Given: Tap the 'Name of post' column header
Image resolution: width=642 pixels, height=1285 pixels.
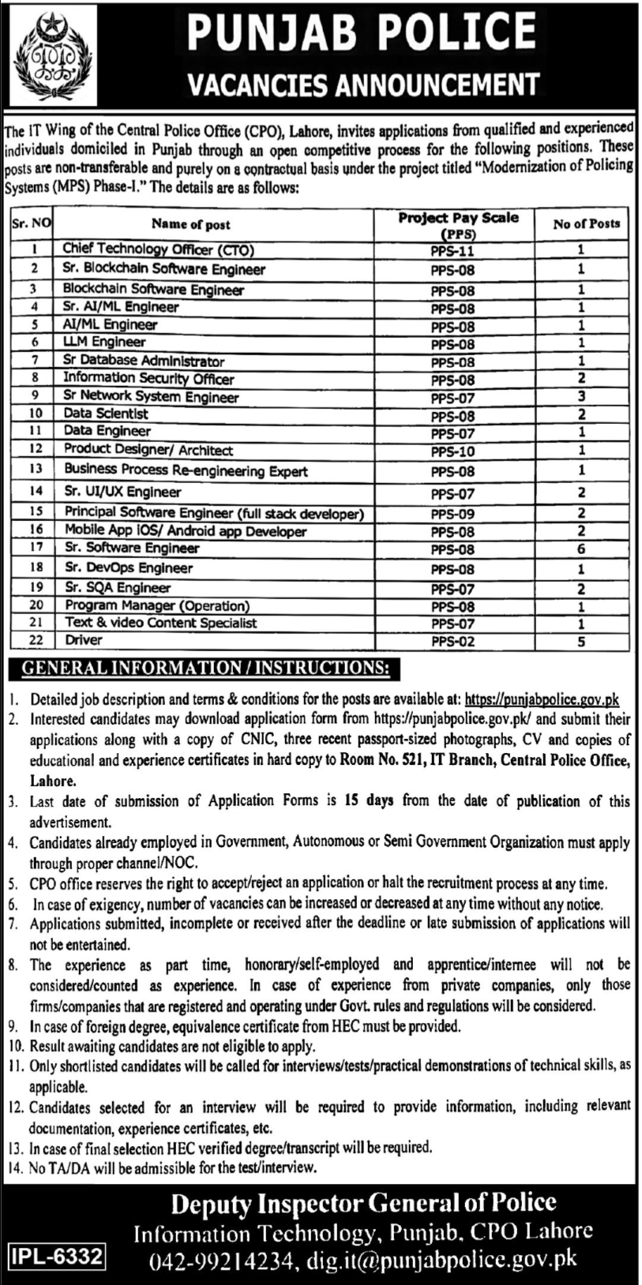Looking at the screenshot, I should pyautogui.click(x=191, y=224).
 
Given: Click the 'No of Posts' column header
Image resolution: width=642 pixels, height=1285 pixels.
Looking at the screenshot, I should pyautogui.click(x=586, y=224).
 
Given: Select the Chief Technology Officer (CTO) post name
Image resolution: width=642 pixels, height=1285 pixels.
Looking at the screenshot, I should pyautogui.click(x=158, y=249).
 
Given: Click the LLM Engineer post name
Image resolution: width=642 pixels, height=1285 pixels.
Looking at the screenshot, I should pyautogui.click(x=104, y=342).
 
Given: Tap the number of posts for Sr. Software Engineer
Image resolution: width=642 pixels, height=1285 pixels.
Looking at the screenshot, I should pyautogui.click(x=581, y=549).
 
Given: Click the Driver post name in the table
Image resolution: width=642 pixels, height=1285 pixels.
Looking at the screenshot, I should pyautogui.click(x=84, y=641).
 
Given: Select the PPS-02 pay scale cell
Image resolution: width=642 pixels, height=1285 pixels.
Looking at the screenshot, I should pyautogui.click(x=452, y=642).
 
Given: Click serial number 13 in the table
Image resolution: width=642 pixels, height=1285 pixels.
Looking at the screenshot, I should pyautogui.click(x=35, y=470).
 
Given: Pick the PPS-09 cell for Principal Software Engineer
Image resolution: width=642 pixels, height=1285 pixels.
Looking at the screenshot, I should pyautogui.click(x=452, y=514).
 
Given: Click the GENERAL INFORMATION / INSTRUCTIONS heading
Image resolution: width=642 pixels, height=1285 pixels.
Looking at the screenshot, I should pyautogui.click(x=205, y=669).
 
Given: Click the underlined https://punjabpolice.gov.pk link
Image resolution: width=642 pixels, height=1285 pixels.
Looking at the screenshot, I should pyautogui.click(x=542, y=699).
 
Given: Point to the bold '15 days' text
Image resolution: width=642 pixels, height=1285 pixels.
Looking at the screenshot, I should pyautogui.click(x=369, y=800).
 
